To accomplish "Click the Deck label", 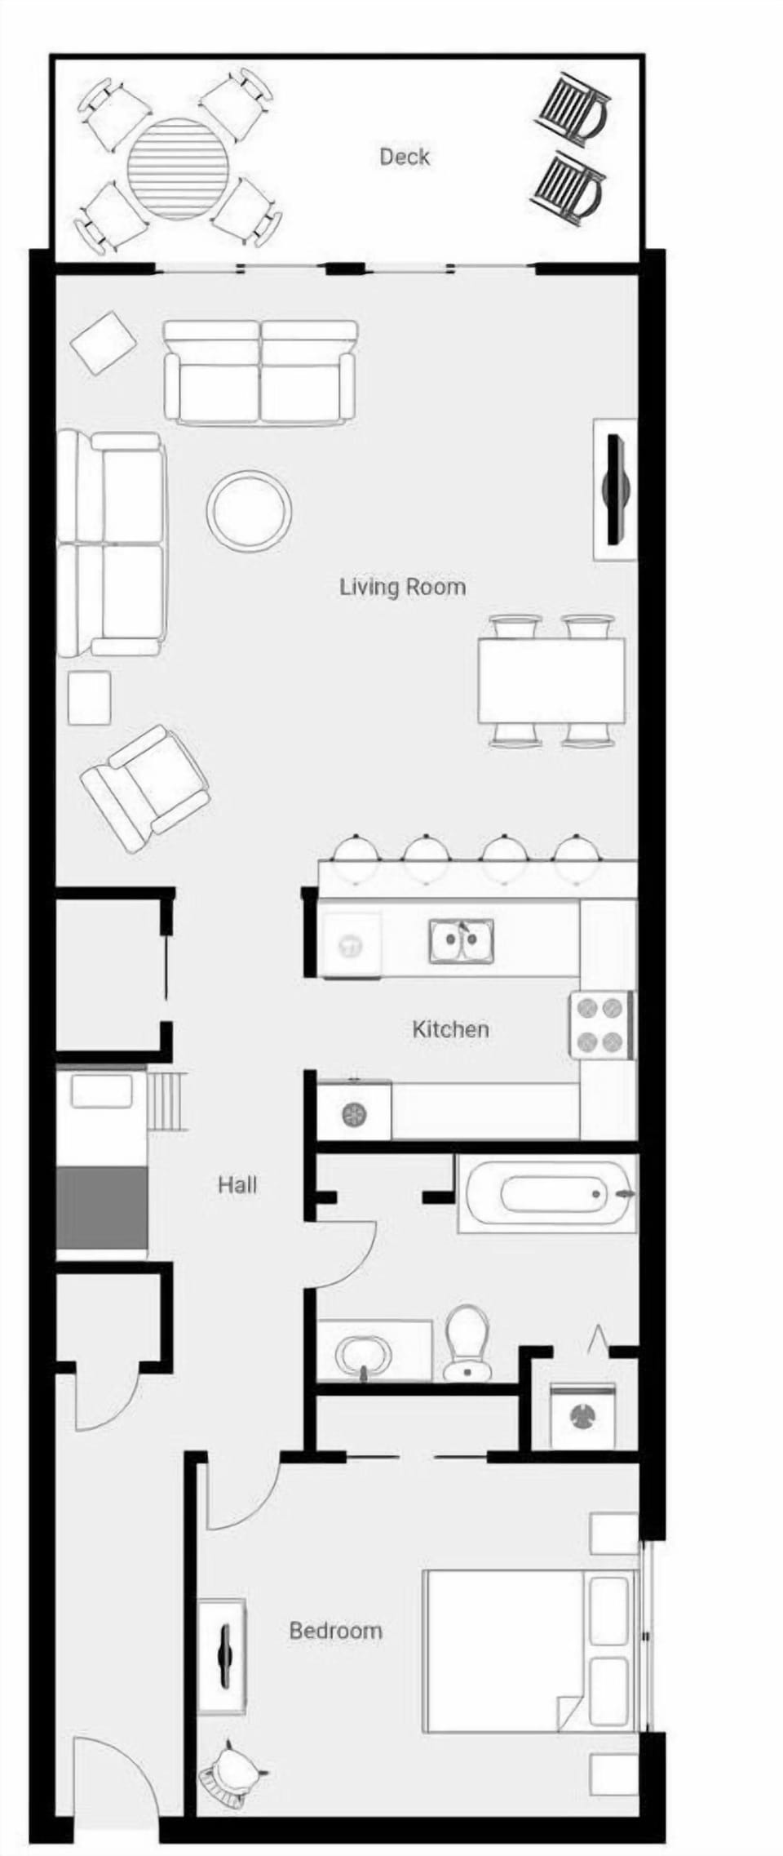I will click(x=404, y=156).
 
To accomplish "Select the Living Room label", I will click(x=402, y=587).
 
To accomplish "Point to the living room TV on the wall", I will click(x=615, y=489).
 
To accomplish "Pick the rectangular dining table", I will click(x=551, y=681).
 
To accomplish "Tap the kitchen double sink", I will click(x=462, y=941).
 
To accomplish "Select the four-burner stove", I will click(x=602, y=1024).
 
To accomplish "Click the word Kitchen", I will click(x=450, y=1029).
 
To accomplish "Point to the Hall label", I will click(x=237, y=1184).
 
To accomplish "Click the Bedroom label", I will click(x=335, y=1631).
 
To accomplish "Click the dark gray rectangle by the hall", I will click(x=102, y=1208).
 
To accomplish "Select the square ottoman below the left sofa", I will click(x=89, y=697).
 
